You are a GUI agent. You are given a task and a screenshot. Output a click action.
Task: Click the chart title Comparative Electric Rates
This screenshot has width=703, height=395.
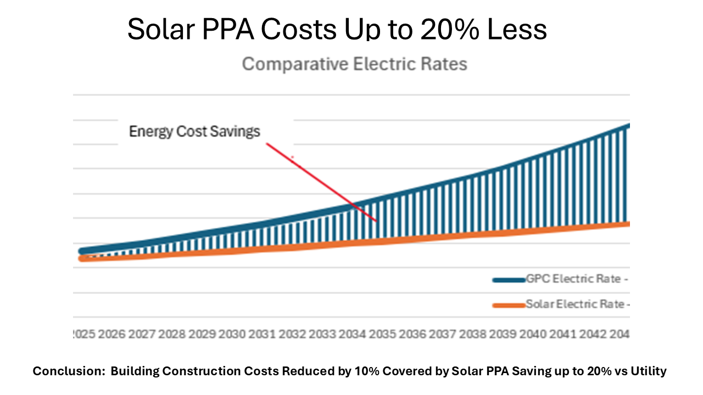[354, 64]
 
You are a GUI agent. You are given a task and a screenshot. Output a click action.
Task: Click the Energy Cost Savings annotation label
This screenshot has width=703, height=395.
[194, 132]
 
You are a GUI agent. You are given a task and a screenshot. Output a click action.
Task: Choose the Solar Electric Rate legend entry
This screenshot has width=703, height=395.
[577, 304]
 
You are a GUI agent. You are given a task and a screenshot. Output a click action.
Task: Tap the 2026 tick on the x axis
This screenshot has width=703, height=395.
[112, 334]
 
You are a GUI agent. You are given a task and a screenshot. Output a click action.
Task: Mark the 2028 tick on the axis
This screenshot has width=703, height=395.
[172, 334]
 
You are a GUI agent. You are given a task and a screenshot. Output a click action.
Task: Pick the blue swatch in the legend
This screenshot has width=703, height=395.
[508, 280]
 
